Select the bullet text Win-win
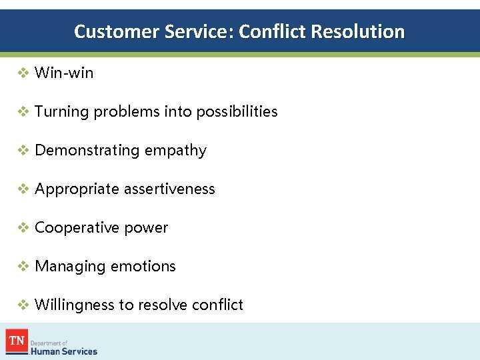point(64,73)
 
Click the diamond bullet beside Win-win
point(23,73)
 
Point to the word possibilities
point(237,112)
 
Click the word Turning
point(61,112)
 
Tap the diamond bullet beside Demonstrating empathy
point(23,151)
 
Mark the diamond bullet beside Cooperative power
point(23,228)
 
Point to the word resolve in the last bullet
point(162,305)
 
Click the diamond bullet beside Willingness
point(23,305)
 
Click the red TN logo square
point(17,341)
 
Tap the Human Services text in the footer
point(64,351)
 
